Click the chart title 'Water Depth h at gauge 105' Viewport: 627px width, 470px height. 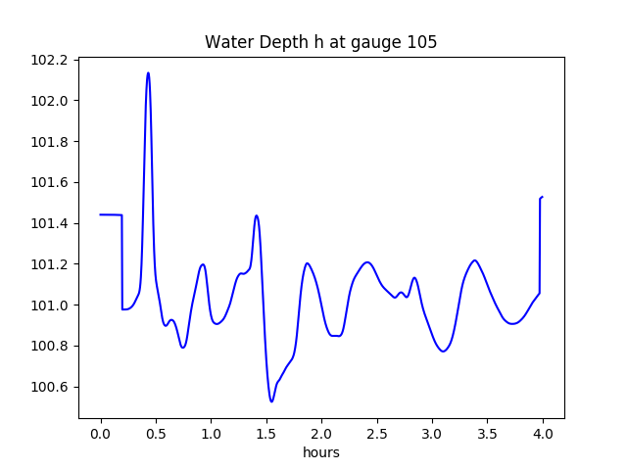pyautogui.click(x=320, y=43)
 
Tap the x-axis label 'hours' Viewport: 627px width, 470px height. pyautogui.click(x=320, y=453)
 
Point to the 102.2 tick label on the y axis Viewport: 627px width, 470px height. pyautogui.click(x=49, y=60)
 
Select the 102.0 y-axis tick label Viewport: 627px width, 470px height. pyautogui.click(x=49, y=101)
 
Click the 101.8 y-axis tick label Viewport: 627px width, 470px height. pyautogui.click(x=49, y=142)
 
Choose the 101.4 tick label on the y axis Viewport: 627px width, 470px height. pyautogui.click(x=49, y=223)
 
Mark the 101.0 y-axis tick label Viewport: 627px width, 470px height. pyautogui.click(x=49, y=305)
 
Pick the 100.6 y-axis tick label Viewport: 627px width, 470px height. pyautogui.click(x=49, y=387)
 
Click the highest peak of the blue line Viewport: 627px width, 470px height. pyautogui.click(x=148, y=72)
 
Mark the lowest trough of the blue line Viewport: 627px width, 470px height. pyautogui.click(x=271, y=401)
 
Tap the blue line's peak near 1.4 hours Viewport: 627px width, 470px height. pyautogui.click(x=257, y=215)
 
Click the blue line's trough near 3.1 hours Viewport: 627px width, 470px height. pyautogui.click(x=443, y=351)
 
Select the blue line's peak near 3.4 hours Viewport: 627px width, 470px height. pyautogui.click(x=475, y=260)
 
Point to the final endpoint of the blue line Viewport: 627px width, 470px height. pyautogui.click(x=543, y=197)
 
